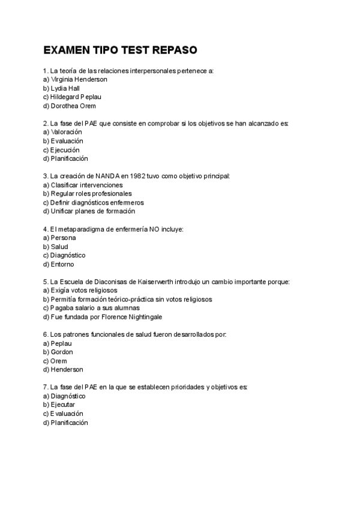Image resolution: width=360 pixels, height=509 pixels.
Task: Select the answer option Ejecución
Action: [64, 150]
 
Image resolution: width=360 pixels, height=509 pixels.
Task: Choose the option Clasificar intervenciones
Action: [83, 185]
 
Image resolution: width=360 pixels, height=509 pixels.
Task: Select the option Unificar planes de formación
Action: [89, 211]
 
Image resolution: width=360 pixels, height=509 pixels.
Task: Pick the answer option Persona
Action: [64, 238]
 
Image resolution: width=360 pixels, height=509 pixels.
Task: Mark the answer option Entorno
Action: [62, 264]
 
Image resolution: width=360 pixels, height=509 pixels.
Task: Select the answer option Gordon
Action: [62, 352]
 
